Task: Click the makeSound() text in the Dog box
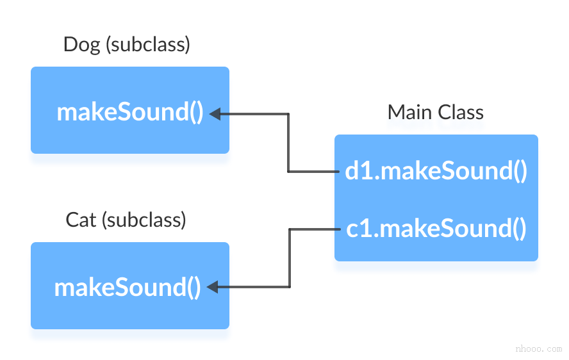(x=130, y=112)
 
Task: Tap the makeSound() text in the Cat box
(x=128, y=288)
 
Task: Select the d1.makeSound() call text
(x=436, y=171)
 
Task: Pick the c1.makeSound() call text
(x=436, y=229)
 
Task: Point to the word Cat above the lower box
(x=81, y=220)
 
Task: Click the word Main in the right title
(x=409, y=113)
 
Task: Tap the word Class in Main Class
(x=460, y=113)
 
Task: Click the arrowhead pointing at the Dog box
(x=216, y=114)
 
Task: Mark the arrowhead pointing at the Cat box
(x=213, y=288)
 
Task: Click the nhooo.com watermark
(x=538, y=349)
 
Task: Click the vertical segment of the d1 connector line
(x=289, y=143)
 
